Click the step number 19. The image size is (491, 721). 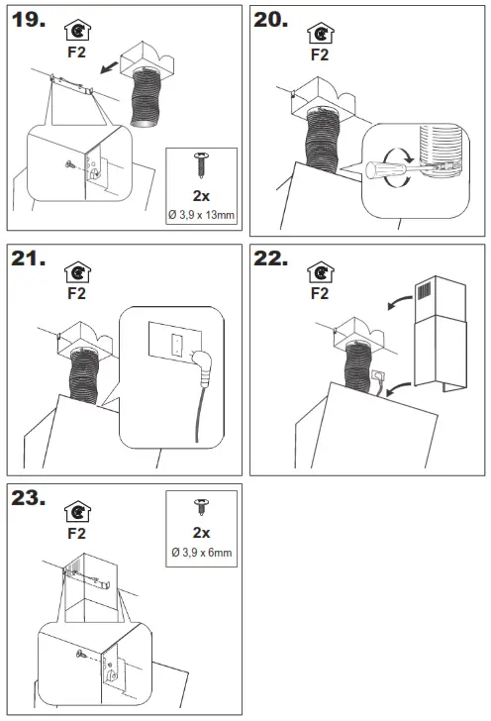[x=29, y=20]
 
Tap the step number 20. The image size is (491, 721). [x=271, y=20]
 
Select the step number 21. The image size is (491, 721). [x=29, y=258]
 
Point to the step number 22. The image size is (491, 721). [x=271, y=258]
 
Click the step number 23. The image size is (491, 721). [x=29, y=498]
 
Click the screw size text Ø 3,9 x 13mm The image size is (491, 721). [x=201, y=215]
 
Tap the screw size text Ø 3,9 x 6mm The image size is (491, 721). [x=201, y=553]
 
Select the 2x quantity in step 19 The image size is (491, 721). [x=201, y=196]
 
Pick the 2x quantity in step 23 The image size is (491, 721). [x=201, y=533]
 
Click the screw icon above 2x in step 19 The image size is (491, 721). [x=201, y=165]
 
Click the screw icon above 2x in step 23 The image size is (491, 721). [x=201, y=507]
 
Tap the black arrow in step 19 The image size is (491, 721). [x=109, y=67]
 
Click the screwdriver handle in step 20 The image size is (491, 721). [x=379, y=170]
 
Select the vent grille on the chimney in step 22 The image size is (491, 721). [x=425, y=290]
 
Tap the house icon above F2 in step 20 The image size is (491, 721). [x=321, y=34]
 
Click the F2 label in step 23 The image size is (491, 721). [x=77, y=534]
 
